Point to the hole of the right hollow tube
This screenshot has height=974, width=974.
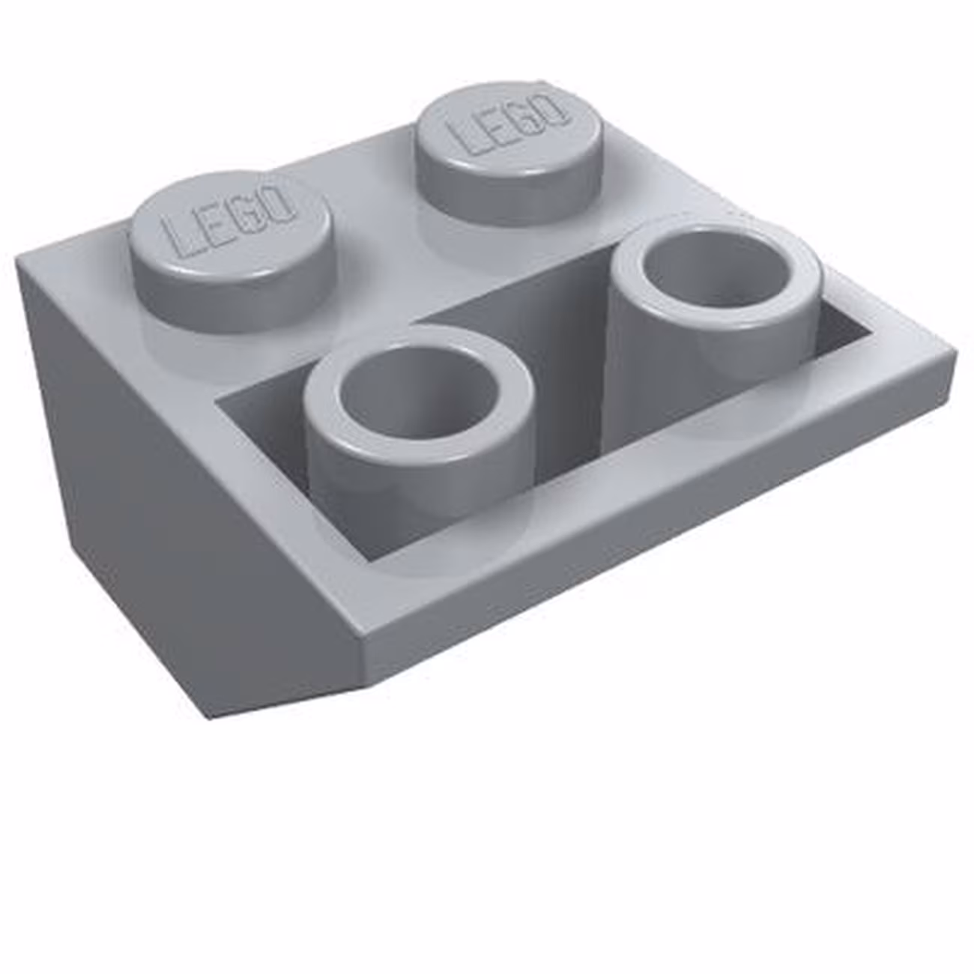(712, 277)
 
